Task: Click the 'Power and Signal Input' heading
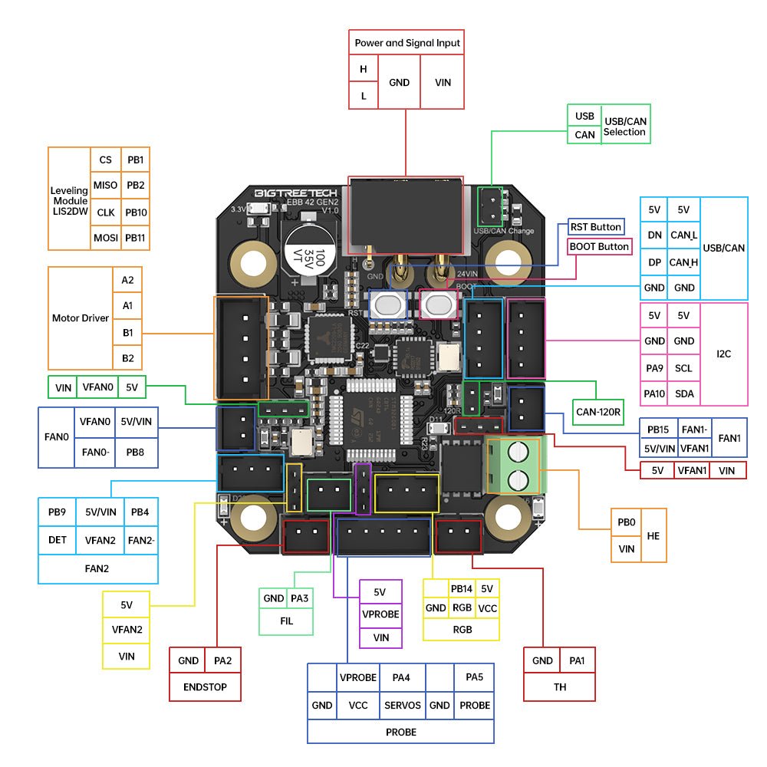coord(407,43)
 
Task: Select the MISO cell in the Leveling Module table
coord(105,185)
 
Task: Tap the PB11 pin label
coord(136,238)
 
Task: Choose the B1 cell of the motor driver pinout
coord(127,332)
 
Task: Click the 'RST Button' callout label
coord(595,227)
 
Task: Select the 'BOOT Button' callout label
coord(599,246)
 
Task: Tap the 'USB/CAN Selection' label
coord(624,127)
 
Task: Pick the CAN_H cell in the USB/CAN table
coord(683,262)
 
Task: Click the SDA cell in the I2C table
coord(683,393)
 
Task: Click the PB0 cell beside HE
coord(626,522)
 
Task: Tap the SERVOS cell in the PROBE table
coord(402,705)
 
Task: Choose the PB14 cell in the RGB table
coord(461,589)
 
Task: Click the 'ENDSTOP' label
coord(205,686)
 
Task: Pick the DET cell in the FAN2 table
coord(58,539)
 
